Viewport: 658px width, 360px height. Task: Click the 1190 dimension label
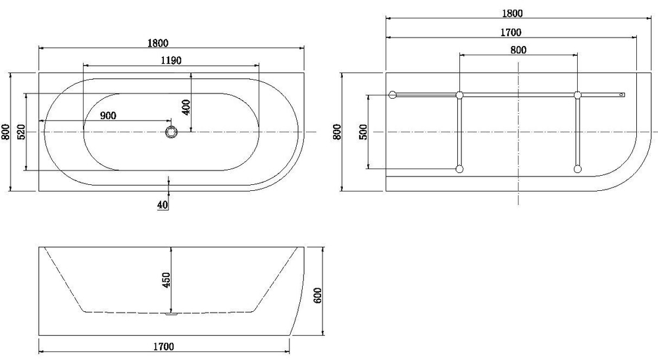point(170,60)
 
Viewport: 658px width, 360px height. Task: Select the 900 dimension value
point(108,115)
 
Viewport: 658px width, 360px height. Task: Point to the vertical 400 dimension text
point(186,107)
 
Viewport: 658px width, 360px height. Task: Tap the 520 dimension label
point(21,132)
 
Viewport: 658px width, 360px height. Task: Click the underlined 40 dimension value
point(163,205)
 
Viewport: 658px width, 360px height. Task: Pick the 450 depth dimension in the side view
point(166,280)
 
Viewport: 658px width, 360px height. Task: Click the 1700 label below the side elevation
point(164,346)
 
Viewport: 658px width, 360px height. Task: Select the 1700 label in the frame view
point(511,32)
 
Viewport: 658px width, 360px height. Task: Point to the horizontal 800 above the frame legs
point(518,49)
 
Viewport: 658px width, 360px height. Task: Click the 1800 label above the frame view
point(512,13)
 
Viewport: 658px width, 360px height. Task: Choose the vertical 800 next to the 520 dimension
point(6,132)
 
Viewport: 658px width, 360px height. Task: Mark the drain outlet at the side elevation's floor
point(172,314)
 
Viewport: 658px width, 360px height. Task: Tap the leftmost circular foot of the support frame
point(393,95)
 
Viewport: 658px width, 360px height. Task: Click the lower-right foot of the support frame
point(578,169)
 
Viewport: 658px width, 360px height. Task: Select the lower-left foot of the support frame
point(459,169)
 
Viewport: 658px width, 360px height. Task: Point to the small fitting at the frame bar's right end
point(621,95)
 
